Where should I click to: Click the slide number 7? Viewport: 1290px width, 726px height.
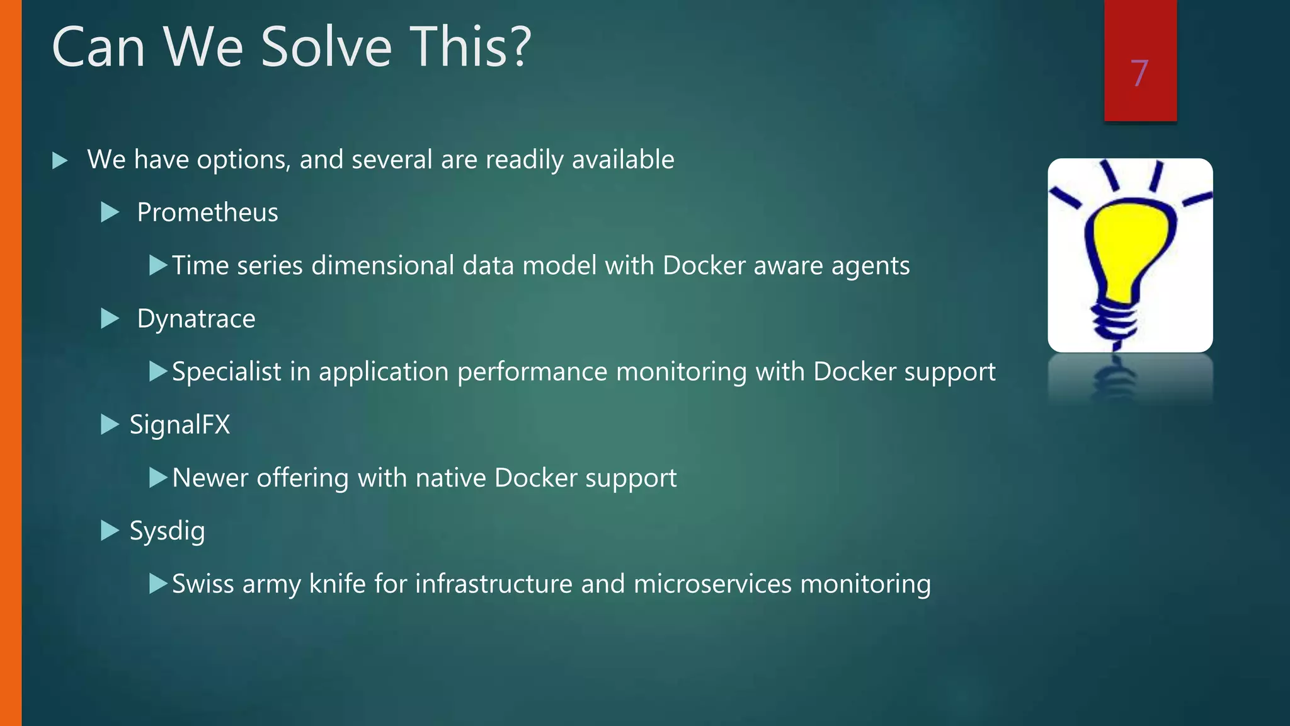[1139, 74]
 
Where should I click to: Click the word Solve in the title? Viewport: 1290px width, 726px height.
[326, 47]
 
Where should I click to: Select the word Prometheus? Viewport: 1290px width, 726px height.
[207, 212]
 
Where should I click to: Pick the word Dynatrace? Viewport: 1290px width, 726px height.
[196, 319]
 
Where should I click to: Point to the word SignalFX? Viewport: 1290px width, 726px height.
[180, 425]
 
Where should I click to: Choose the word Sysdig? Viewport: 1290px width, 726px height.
[167, 531]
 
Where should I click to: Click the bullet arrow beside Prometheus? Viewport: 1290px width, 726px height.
[110, 212]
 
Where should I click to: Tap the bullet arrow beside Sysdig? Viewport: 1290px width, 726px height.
[110, 531]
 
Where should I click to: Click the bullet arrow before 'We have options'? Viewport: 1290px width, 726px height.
[60, 160]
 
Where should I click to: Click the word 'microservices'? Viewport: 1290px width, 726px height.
[712, 584]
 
